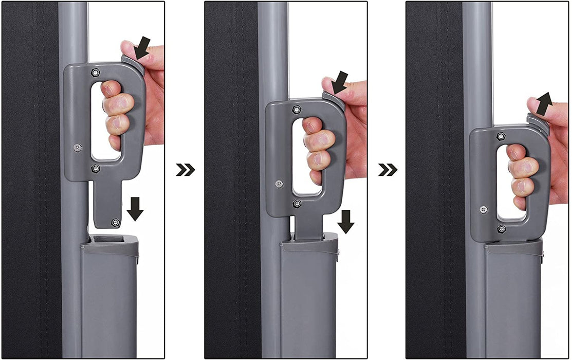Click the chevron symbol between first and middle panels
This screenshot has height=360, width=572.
point(185,170)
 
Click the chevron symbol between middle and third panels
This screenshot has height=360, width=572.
point(388,170)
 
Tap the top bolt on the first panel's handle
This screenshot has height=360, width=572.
point(96,71)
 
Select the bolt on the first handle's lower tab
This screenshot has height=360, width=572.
point(115,222)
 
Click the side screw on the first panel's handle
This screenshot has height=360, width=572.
point(77,147)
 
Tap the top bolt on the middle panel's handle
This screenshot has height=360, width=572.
point(297,109)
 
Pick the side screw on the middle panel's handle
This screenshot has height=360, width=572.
point(279,183)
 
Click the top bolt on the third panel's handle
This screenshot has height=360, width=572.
point(501,136)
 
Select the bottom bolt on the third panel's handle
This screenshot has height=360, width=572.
point(501,228)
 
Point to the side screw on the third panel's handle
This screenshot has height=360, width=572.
point(484,209)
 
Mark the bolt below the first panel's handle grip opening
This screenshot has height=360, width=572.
point(96,168)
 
